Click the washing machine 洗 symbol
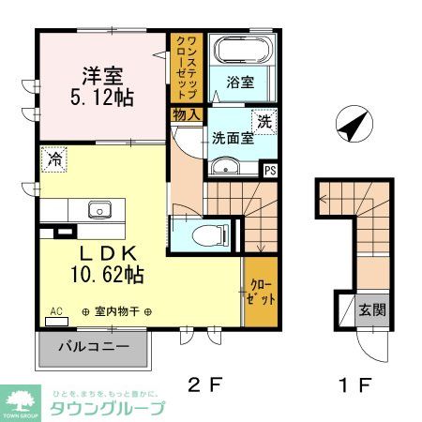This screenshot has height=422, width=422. (x=264, y=121)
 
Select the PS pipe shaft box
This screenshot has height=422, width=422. (x=270, y=170)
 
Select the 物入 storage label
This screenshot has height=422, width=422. (x=186, y=115)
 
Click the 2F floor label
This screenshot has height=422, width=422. (x=209, y=385)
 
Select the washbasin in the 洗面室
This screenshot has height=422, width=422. (x=226, y=168)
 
